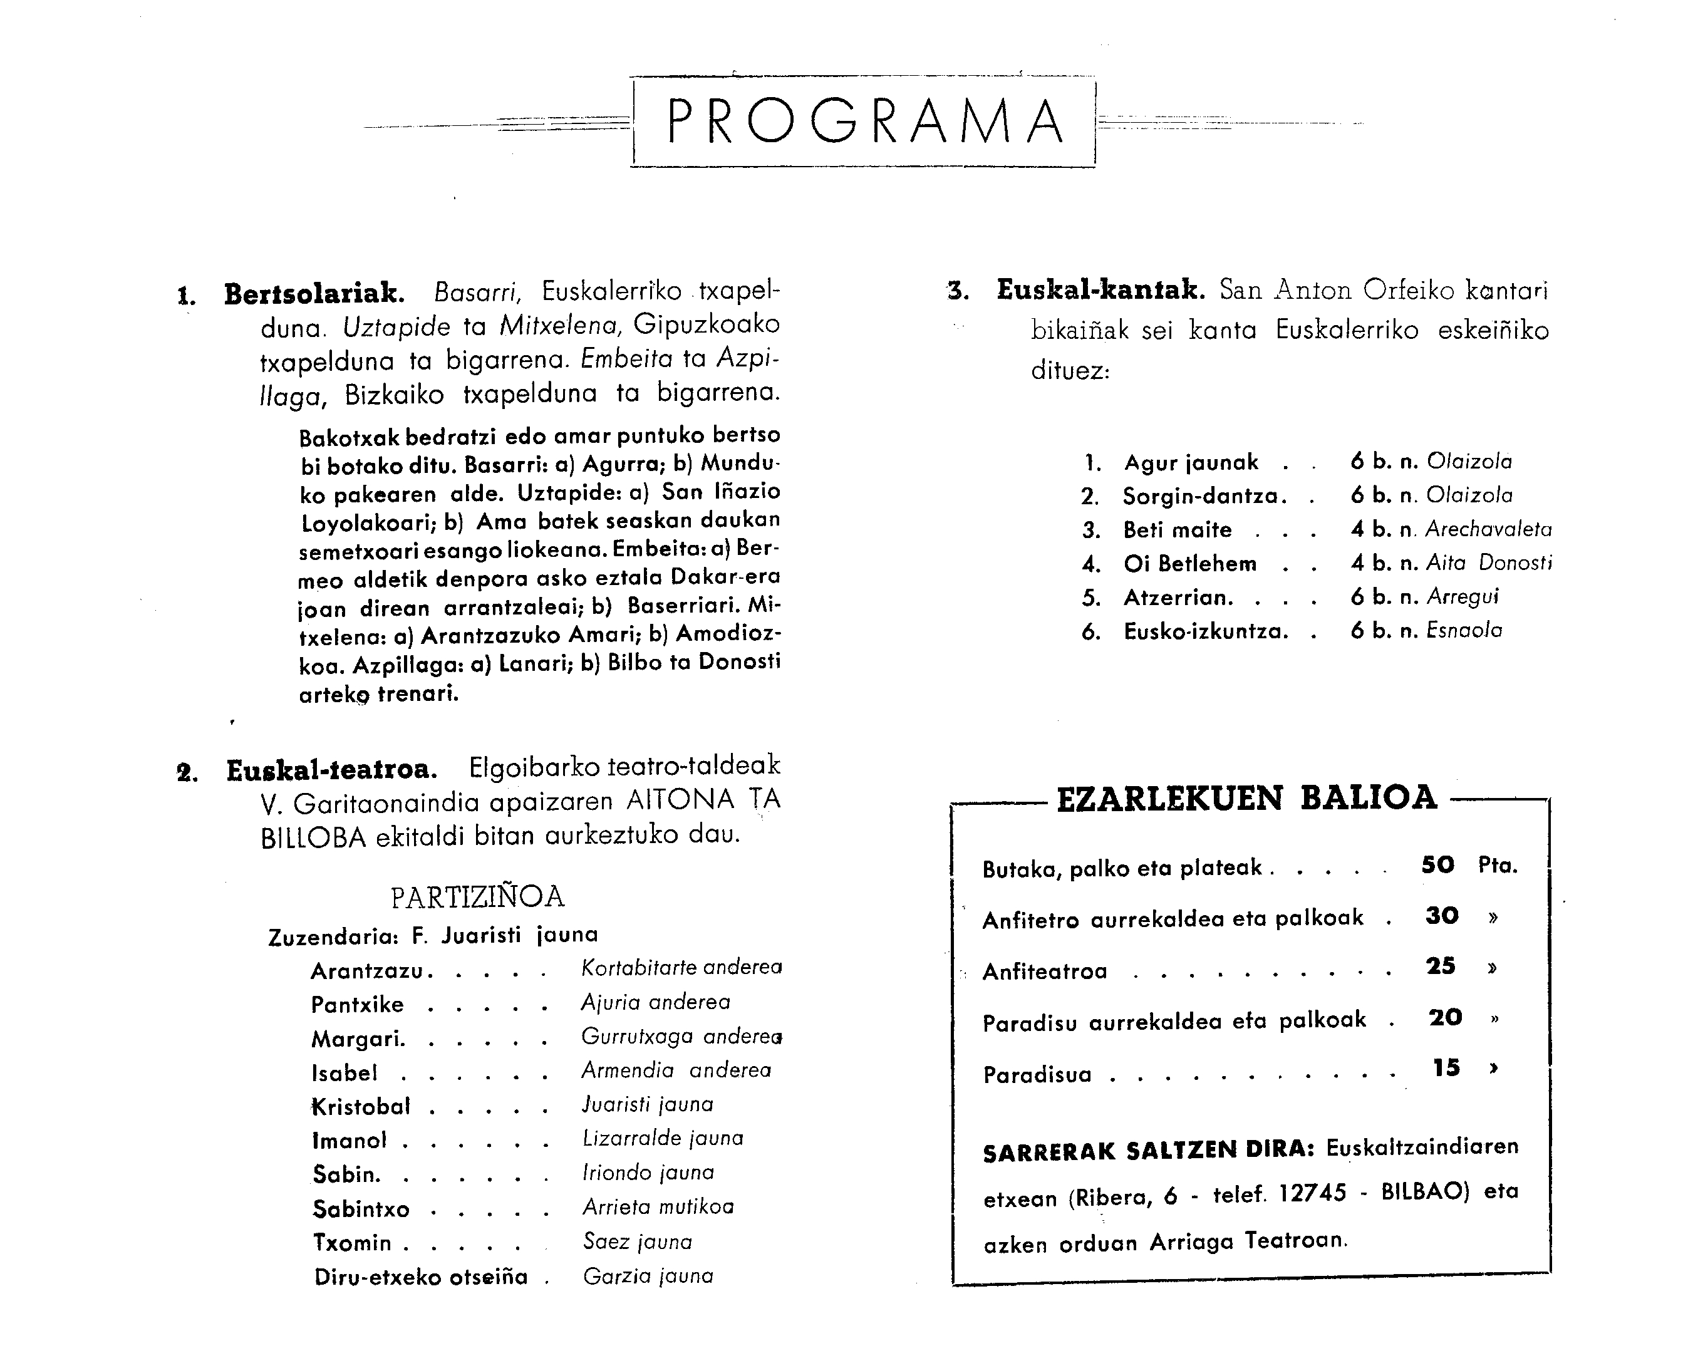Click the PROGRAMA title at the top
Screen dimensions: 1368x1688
(x=864, y=122)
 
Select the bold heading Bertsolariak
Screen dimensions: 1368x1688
(x=314, y=294)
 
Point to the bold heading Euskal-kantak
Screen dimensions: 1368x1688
(x=1100, y=290)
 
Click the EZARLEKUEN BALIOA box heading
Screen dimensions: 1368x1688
(x=1246, y=798)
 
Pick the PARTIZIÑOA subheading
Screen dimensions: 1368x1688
(x=477, y=897)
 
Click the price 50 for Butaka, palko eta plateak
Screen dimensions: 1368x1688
(x=1437, y=865)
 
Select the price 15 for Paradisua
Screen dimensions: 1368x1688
(x=1446, y=1068)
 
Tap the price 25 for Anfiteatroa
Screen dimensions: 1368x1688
(x=1441, y=966)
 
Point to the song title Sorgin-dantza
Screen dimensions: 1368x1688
(x=1204, y=497)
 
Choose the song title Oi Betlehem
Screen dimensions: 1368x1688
(x=1190, y=564)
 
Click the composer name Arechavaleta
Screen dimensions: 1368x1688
(x=1488, y=529)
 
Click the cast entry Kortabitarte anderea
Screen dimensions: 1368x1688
(x=681, y=968)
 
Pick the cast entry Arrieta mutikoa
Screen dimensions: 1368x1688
(x=658, y=1207)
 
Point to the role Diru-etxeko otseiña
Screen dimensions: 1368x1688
(x=421, y=1277)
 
